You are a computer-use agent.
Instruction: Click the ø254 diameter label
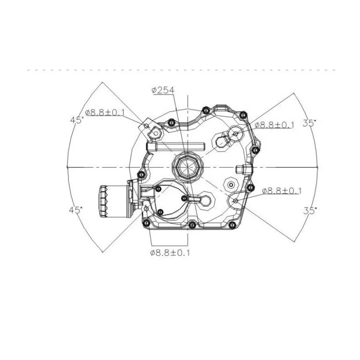tap(163, 90)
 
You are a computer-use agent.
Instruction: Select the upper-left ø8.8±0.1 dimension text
tap(105, 112)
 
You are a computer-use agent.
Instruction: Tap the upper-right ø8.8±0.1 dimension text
tap(275, 125)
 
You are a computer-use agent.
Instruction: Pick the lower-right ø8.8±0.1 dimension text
tap(282, 190)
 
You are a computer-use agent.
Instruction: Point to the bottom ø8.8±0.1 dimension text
tap(170, 253)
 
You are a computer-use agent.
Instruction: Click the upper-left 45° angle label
tap(77, 120)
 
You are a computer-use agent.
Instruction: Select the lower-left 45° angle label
tap(75, 210)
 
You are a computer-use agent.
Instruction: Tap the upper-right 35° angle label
tap(309, 123)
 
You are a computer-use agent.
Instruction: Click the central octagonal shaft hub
tap(187, 167)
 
